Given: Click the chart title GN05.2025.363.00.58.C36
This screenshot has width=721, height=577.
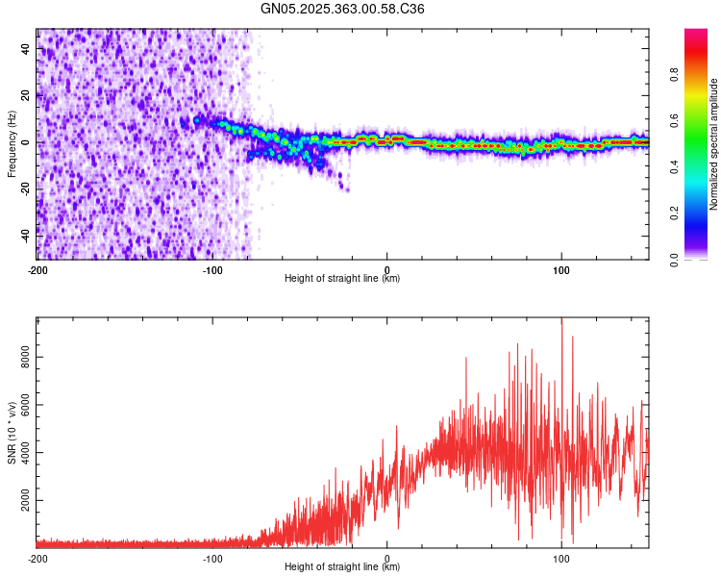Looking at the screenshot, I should click(x=343, y=9).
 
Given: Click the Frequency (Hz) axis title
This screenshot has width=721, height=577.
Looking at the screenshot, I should click(x=12, y=143).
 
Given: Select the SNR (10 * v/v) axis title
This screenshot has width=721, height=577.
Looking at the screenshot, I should click(x=12, y=434).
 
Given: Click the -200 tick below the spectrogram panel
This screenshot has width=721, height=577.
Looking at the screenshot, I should click(x=37, y=268).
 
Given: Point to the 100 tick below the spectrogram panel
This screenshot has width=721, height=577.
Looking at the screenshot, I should click(x=561, y=268).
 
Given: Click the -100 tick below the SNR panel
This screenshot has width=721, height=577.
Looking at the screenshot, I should click(x=212, y=558).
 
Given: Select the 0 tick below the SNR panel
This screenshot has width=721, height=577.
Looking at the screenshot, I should click(x=387, y=558).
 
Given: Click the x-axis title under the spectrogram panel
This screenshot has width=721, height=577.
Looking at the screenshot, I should click(x=342, y=279).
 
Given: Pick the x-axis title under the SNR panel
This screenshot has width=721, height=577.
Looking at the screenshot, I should click(x=342, y=568).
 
